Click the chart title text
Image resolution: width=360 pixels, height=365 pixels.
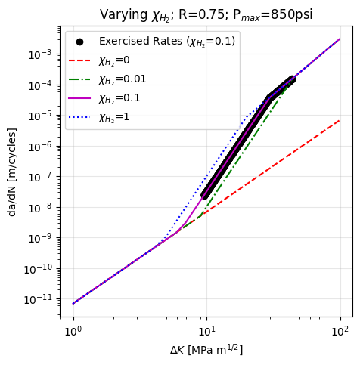[206, 14]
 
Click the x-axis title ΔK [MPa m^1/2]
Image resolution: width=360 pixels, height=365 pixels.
[206, 349]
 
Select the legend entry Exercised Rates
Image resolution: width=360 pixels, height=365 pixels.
[166, 41]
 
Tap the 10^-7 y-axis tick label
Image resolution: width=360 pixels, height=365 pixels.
[44, 177]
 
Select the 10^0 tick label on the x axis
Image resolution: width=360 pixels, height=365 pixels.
[73, 329]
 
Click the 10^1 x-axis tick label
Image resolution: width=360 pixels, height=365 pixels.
[206, 329]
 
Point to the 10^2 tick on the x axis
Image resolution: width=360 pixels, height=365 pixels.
[340, 329]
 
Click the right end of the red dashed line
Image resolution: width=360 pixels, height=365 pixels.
[340, 119]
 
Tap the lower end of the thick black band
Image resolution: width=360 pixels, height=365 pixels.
[205, 195]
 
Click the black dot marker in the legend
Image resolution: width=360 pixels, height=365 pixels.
[80, 41]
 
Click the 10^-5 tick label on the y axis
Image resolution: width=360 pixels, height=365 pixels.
[44, 116]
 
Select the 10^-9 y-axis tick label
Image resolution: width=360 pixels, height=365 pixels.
[44, 239]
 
